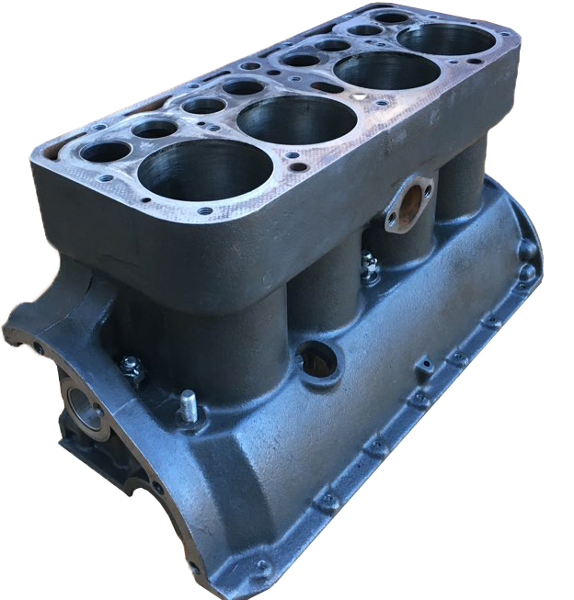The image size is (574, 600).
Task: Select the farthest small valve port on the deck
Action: [x=392, y=17]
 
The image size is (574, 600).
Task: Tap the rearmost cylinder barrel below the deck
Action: [x=460, y=184]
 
